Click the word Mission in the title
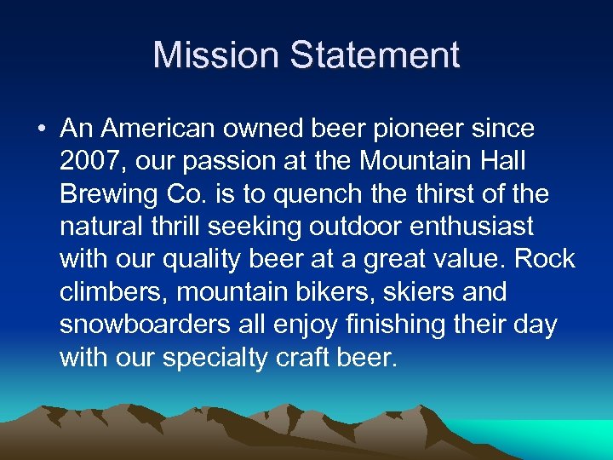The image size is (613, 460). point(216,55)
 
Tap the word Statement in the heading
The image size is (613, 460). point(375,55)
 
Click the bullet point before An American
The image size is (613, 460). point(41,129)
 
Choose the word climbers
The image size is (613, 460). point(112,291)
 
